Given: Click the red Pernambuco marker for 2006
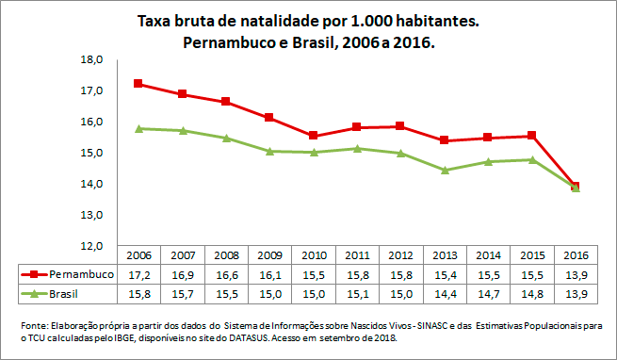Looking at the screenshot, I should (x=138, y=84).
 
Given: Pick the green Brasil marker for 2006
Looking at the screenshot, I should (x=138, y=128).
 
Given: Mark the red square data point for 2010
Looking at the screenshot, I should (x=313, y=136).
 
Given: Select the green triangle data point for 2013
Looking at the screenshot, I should (x=444, y=171).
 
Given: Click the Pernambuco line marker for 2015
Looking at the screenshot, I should (x=531, y=136).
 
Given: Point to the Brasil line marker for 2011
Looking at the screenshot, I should (x=357, y=148).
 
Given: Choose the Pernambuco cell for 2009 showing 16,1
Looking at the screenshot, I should (x=269, y=274).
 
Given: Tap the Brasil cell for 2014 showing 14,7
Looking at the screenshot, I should (x=488, y=295).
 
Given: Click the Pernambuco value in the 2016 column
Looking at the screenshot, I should (x=575, y=274).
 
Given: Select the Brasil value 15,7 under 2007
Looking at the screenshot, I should (x=183, y=295).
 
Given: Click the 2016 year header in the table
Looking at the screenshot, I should (x=575, y=254).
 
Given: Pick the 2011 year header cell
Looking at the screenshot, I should (x=357, y=254).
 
